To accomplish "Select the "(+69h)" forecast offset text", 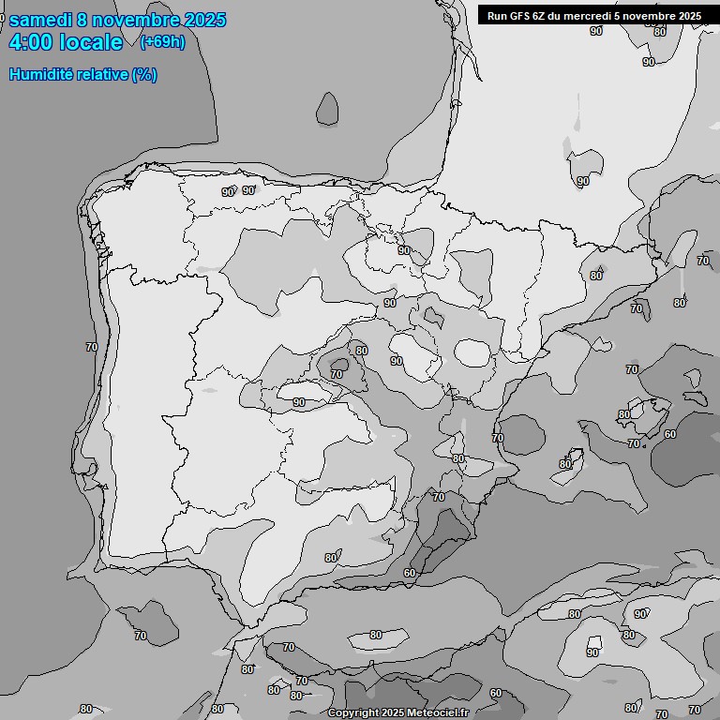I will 162,41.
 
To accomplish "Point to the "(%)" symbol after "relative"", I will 144,75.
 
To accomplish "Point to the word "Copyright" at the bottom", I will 352,713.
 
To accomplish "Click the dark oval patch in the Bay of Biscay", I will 327,109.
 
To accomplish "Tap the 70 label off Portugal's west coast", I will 91,347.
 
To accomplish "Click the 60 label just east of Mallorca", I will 669,434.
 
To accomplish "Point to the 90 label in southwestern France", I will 582,181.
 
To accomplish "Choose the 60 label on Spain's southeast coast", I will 410,573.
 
